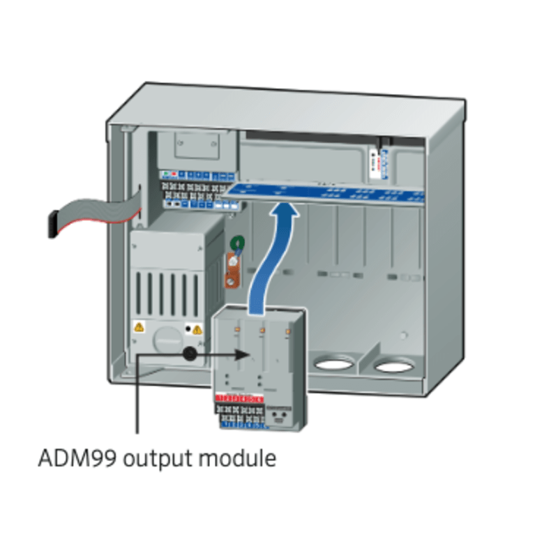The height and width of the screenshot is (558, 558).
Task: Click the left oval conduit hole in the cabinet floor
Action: (x=333, y=363)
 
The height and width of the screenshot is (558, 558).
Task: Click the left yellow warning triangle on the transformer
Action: (x=139, y=326)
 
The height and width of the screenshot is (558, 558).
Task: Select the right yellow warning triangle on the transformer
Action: (x=197, y=329)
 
